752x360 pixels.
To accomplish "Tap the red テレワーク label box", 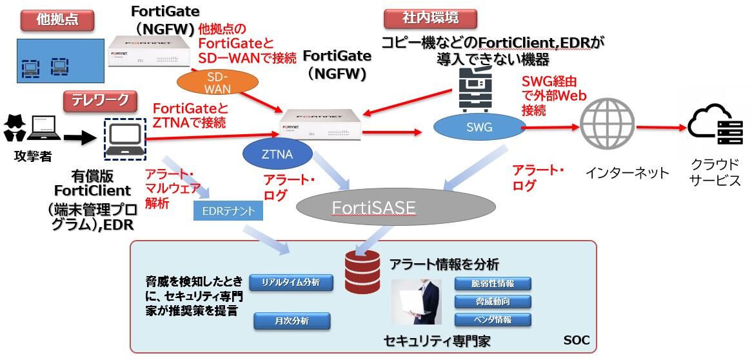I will click(x=101, y=100).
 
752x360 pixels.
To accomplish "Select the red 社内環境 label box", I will click(x=430, y=19).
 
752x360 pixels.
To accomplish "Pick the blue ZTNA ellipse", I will click(x=278, y=154).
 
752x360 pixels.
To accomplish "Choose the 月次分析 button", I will click(x=292, y=321).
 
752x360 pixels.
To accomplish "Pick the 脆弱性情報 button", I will click(x=493, y=283).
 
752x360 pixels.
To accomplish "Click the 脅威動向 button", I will click(x=493, y=301).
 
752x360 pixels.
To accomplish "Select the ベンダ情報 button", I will click(x=493, y=319).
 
